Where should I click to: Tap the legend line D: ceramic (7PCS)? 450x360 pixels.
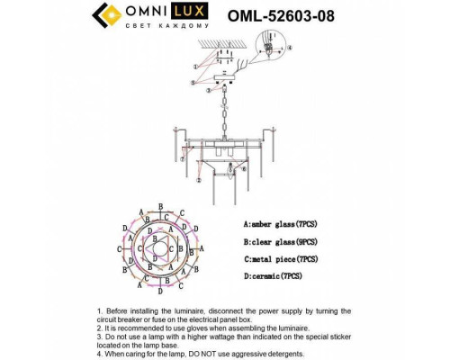(274, 283)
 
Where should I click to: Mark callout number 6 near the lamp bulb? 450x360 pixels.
(231, 168)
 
